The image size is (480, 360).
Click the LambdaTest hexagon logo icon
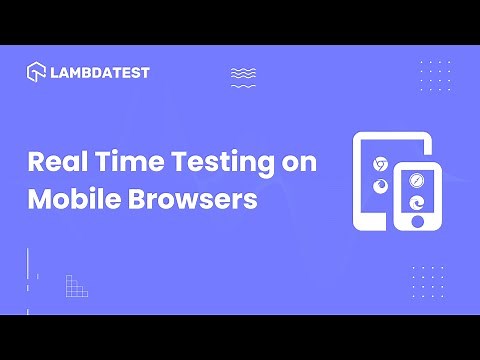tap(36, 73)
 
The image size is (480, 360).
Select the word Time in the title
tap(126, 162)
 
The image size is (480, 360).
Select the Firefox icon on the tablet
tap(379, 186)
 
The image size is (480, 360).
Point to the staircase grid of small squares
tap(76, 286)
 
